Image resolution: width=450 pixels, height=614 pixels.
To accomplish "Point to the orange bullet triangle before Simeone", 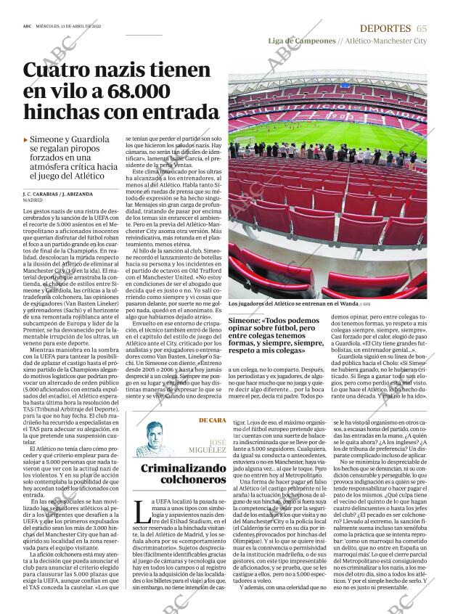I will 26,139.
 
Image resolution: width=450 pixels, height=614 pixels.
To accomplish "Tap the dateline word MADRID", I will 33,201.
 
